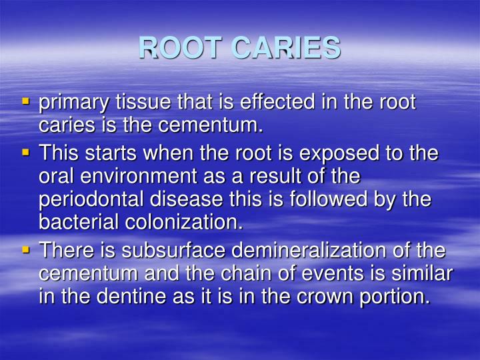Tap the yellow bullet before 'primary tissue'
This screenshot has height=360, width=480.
(26, 102)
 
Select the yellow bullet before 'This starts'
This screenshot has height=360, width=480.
(26, 153)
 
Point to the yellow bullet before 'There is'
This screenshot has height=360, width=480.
(26, 249)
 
